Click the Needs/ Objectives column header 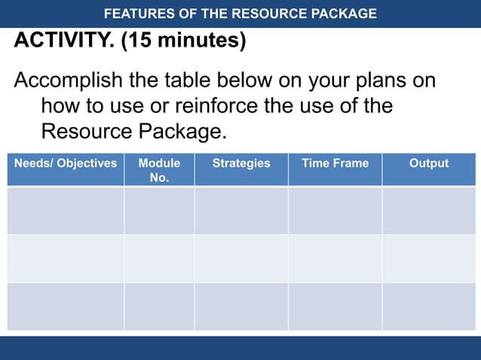tap(66, 163)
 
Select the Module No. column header tap(159, 170)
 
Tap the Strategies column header tap(241, 163)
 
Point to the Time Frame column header tap(335, 163)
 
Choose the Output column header tap(428, 163)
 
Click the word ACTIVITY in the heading tap(63, 40)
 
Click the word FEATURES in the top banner tap(139, 14)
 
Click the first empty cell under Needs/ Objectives tap(66, 210)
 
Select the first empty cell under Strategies tap(241, 210)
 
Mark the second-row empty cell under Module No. tap(159, 258)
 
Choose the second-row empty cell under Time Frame tap(335, 258)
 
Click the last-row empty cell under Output tap(428, 306)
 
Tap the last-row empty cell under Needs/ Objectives tap(66, 306)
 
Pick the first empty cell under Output tap(428, 210)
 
